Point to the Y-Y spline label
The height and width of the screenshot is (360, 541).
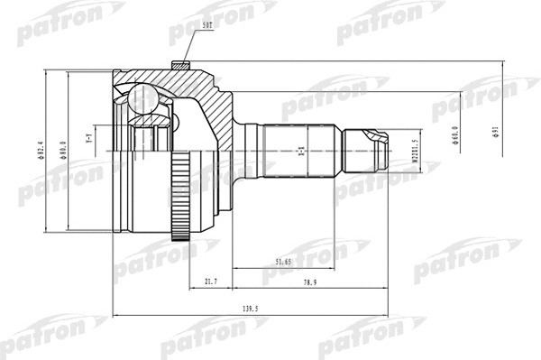point(89,142)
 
